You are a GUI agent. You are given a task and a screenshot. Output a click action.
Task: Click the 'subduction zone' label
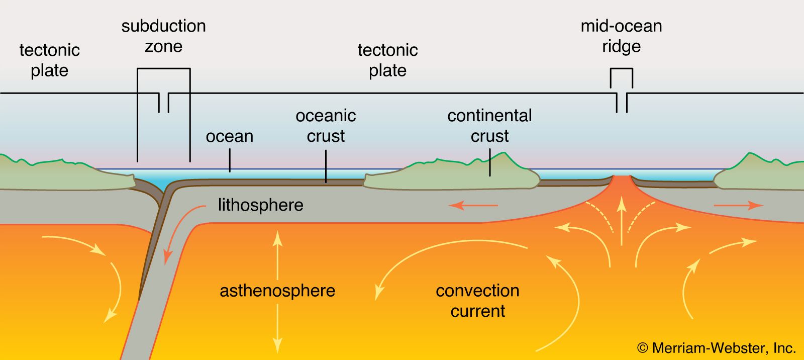pos(164,36)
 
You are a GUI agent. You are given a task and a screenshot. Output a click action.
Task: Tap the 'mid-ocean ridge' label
pos(621,36)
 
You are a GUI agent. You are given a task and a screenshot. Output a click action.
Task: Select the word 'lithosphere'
pos(261,205)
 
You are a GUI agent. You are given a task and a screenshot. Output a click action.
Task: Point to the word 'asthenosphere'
pos(277,291)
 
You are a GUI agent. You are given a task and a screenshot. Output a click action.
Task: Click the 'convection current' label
pos(478,301)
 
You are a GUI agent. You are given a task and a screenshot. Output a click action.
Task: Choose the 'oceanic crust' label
pos(326,126)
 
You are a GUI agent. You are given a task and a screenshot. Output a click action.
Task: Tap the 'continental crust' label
pos(489,126)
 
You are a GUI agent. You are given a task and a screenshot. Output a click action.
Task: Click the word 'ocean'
pos(230,137)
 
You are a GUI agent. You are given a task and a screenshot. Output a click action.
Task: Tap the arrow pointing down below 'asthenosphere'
pos(277,329)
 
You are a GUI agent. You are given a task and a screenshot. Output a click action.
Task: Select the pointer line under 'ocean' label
pos(230,160)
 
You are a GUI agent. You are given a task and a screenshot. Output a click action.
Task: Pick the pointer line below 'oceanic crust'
pos(326,166)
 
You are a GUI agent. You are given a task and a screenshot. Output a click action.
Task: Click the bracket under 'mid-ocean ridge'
pos(622,68)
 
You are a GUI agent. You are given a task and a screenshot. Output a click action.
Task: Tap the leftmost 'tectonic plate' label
pos(50,60)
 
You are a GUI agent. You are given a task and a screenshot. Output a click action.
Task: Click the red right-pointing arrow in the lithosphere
pos(738,206)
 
